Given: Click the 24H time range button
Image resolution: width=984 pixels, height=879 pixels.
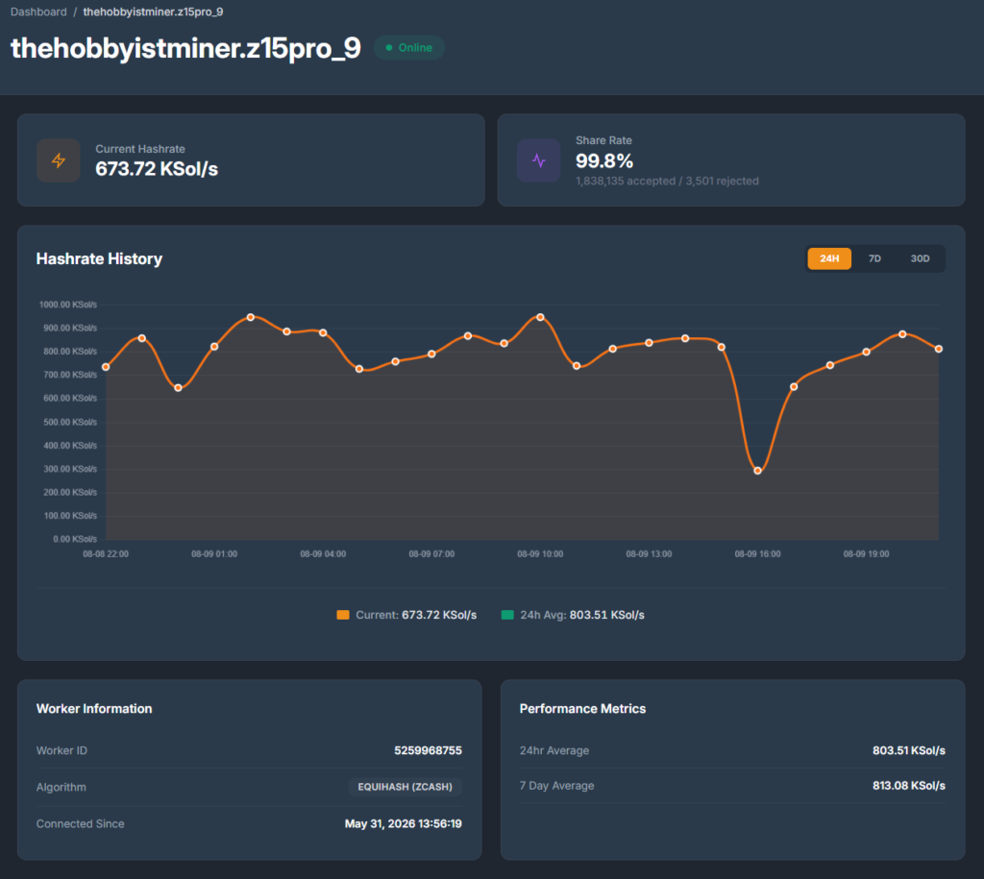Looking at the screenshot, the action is pos(829,258).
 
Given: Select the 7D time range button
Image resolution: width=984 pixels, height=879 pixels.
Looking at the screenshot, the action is pos(874,258).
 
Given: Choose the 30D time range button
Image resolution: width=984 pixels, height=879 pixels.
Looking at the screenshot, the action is pos(920,258).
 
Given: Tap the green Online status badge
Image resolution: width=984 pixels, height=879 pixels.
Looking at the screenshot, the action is pos(409,48).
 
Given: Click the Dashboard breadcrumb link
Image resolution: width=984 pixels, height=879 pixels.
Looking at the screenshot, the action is pos(38,12).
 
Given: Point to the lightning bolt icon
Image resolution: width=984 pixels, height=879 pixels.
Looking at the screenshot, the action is pos(59,160).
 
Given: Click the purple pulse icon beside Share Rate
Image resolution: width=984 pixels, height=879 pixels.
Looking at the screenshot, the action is pos(538,160).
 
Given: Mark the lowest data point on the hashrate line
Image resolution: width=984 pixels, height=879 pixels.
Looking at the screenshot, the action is pos(757,471).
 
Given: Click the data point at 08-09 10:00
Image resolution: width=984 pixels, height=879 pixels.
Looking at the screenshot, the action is pos(540,317).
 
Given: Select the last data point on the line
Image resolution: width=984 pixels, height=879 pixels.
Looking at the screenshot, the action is pos(939,349).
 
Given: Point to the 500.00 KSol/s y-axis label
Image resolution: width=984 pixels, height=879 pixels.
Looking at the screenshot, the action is pos(70,423).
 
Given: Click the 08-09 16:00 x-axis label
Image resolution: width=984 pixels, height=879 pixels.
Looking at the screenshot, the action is pos(757,554).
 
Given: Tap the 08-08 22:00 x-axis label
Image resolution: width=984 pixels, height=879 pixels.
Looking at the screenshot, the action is pos(106,554).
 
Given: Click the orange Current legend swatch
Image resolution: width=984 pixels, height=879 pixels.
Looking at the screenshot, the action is pos(343,615).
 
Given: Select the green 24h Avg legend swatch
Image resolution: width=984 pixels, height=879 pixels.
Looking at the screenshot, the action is pos(507,615).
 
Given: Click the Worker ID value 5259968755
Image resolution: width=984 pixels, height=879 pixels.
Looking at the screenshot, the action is pos(428,750).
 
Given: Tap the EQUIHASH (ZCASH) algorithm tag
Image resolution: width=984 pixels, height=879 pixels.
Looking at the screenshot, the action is pos(405,787).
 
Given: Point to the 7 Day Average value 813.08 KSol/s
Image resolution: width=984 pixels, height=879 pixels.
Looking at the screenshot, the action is pos(909,786).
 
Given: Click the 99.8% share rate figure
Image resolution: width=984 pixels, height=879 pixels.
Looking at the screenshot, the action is pos(604,161).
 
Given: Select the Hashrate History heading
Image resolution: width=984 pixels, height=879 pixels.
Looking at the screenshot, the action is pos(99,259).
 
